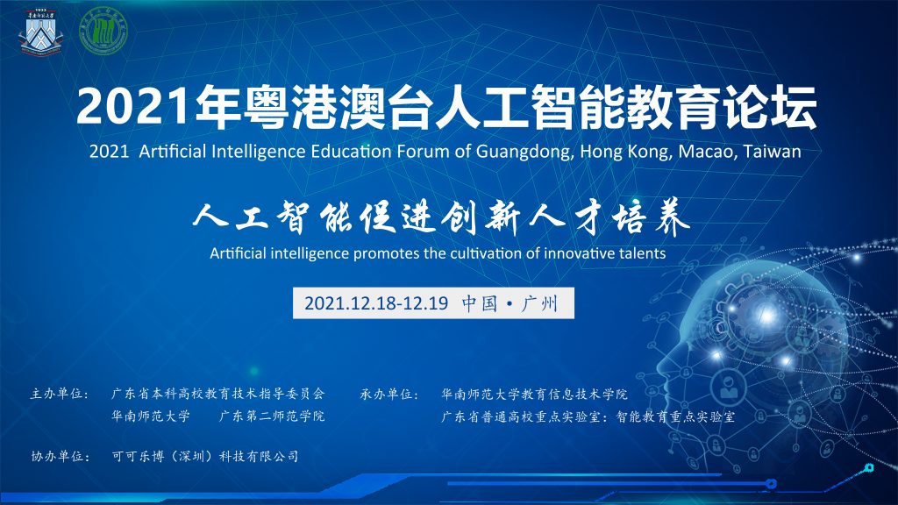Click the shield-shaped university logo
click(40, 32)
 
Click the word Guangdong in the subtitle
click(524, 153)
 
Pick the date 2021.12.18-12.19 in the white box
click(375, 302)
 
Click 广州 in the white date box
click(539, 302)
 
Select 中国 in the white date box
click(480, 302)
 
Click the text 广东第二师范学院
click(272, 416)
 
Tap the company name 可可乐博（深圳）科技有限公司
click(205, 456)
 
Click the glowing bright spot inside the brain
click(766, 313)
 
